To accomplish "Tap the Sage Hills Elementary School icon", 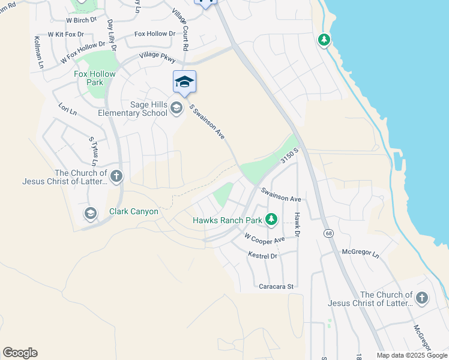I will pos(176,108).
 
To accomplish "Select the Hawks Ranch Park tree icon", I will pos(271,220).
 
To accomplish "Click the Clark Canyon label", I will pos(133,211).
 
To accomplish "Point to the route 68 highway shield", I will pos(328,233).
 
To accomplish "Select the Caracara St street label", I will pos(274,287).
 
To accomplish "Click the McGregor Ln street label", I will pos(360,254).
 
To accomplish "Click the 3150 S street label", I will pos(289,158).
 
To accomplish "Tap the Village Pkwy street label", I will pos(157,57).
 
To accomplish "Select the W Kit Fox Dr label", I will pos(64,35).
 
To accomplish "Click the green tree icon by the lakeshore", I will pos(324,40).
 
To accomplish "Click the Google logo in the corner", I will pos(20,353).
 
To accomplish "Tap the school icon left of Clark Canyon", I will pos(90,213).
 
